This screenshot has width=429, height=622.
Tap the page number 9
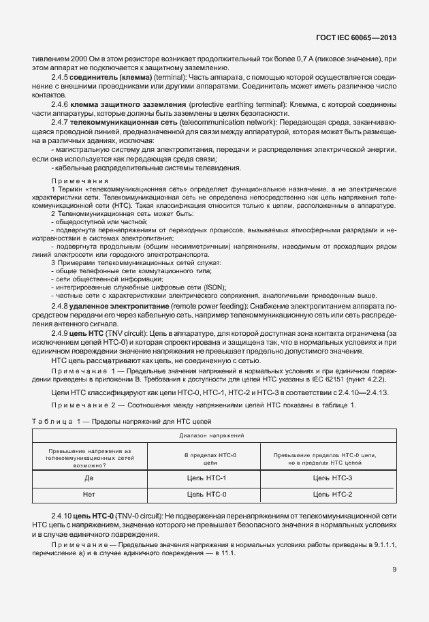[x=394, y=570]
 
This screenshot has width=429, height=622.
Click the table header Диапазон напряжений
[x=212, y=434]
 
